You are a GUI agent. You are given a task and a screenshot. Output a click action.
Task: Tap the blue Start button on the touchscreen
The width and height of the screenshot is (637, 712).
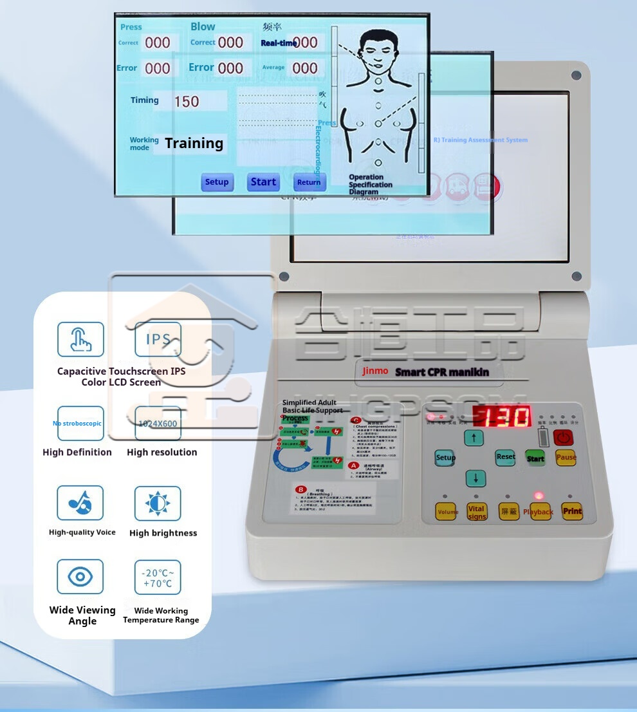pos(263,182)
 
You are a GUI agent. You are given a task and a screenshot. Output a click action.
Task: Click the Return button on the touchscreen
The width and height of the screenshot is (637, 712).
pos(309,182)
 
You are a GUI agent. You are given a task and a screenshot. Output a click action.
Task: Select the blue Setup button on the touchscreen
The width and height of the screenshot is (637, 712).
pos(217,182)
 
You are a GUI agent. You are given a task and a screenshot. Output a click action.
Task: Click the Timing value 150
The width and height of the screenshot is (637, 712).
pos(187,101)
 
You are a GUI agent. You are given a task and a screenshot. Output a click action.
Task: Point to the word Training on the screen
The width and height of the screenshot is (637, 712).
pos(194,143)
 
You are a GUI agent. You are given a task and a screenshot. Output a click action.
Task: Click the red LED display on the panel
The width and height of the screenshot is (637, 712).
pos(502,417)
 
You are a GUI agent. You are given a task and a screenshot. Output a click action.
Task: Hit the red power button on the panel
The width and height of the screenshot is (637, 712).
pos(563,438)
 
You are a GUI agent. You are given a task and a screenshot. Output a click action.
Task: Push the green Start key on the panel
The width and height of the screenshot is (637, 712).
pos(535,458)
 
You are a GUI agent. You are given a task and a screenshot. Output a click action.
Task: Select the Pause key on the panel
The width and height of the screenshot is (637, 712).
pos(566,458)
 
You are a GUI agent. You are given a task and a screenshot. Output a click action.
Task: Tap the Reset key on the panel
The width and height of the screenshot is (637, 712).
pos(506,457)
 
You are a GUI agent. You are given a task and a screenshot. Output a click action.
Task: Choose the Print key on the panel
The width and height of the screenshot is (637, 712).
pos(572,511)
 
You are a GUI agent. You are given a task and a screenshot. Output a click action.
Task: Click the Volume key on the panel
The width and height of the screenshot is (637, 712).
pos(447,512)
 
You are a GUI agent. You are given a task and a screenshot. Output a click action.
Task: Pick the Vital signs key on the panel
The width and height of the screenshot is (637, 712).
pos(477,512)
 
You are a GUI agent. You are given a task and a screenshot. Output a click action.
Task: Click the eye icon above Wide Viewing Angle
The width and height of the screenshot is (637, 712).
pos(80,576)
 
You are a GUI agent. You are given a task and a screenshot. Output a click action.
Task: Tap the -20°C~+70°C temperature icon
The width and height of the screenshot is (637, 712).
pos(158,577)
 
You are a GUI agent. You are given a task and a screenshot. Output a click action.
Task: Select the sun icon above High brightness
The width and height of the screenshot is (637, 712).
pos(158,503)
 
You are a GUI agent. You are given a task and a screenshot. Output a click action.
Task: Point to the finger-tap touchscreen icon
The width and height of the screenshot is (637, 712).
pos(80,339)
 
